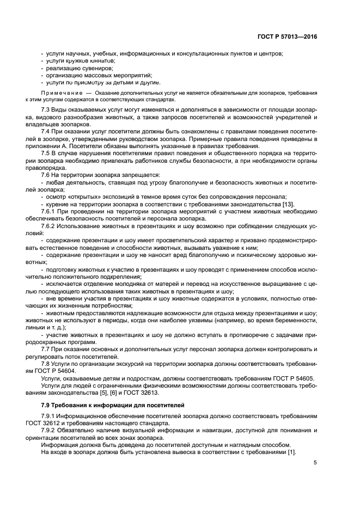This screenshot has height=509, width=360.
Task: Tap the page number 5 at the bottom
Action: click(315, 463)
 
